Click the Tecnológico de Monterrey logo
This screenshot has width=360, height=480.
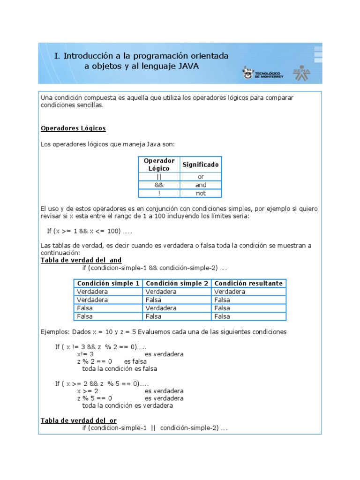click(x=262, y=73)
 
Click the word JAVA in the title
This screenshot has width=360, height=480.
click(x=188, y=67)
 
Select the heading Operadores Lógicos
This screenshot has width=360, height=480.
click(x=73, y=128)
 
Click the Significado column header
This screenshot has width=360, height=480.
click(x=200, y=165)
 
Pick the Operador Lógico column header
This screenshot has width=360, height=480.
click(x=159, y=165)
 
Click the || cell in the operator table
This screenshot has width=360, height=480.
click(x=159, y=177)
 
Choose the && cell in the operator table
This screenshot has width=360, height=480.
click(x=159, y=185)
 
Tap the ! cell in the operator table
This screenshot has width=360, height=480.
click(x=159, y=193)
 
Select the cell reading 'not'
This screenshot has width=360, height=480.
click(x=201, y=193)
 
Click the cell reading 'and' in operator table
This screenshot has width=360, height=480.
click(x=201, y=185)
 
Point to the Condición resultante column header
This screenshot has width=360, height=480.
click(x=248, y=283)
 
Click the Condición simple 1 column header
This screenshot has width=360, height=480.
click(x=108, y=283)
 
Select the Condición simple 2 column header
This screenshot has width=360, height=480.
click(x=177, y=283)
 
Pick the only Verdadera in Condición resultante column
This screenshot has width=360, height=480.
click(x=230, y=292)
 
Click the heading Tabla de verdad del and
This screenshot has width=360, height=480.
click(x=81, y=260)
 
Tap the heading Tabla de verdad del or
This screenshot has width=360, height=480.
click(x=79, y=420)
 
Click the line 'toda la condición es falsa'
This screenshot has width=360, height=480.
click(x=120, y=368)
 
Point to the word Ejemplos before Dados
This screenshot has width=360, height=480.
click(x=55, y=332)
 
